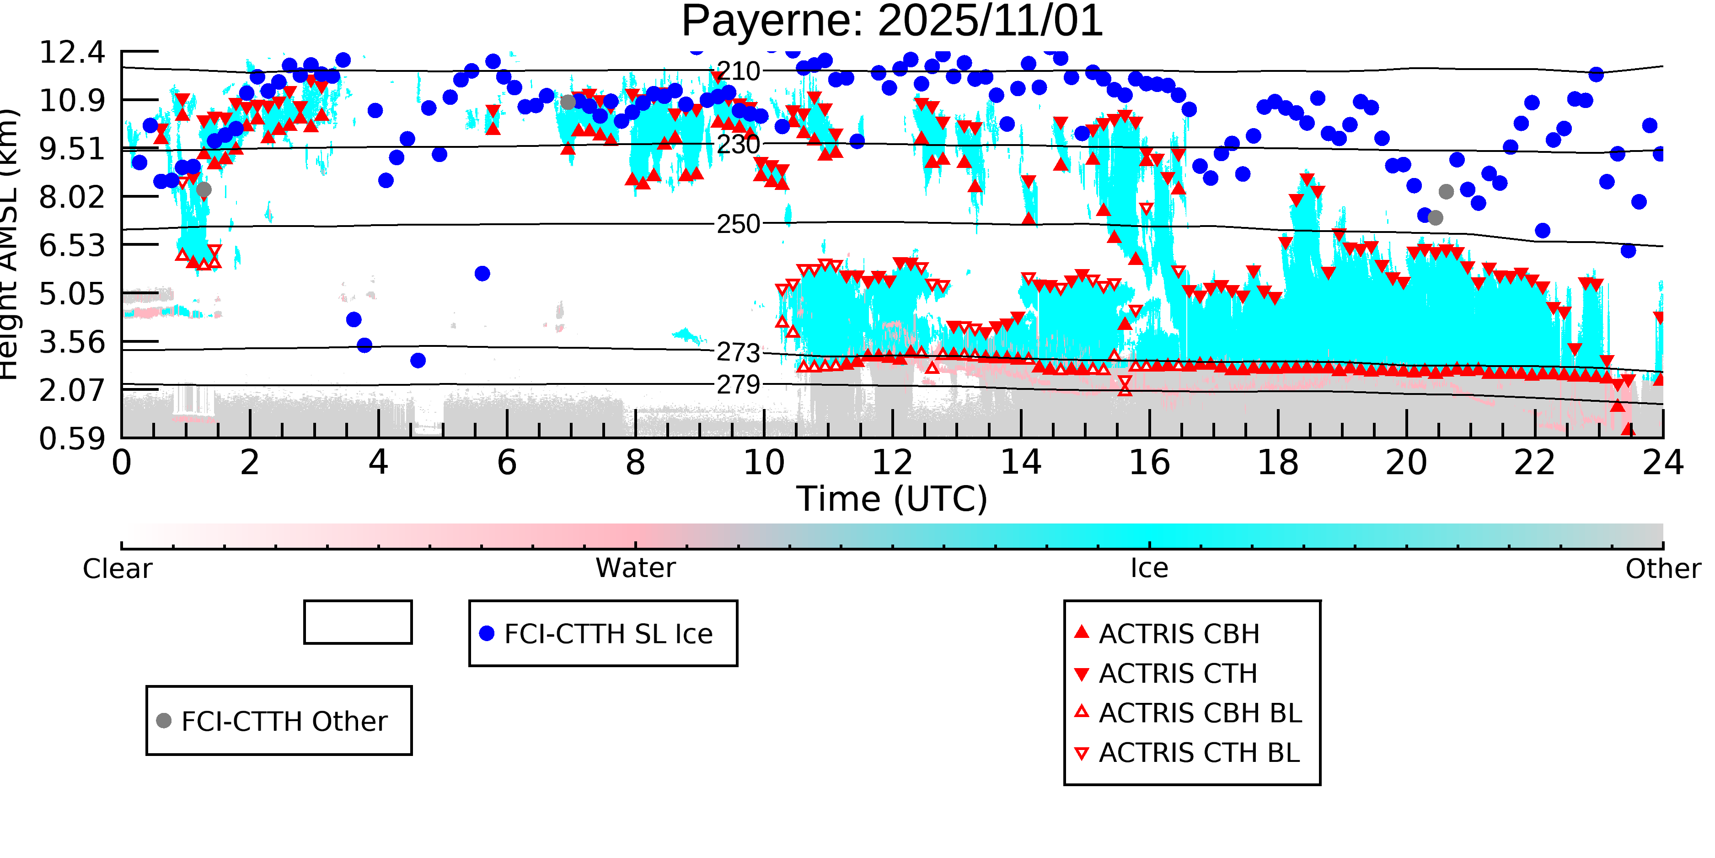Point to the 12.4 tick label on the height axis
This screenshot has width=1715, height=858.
72,52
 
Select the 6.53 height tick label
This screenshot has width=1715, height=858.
72,245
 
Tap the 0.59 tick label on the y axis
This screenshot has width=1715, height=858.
72,439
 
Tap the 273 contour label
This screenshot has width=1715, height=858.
738,352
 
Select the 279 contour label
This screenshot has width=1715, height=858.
738,384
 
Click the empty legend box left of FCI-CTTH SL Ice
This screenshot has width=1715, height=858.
358,622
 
